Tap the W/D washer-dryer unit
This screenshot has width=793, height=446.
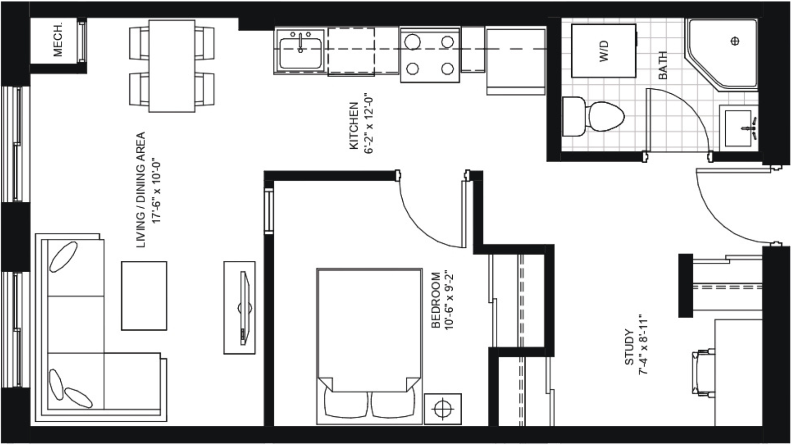tap(603, 51)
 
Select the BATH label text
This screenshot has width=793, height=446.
tap(662, 65)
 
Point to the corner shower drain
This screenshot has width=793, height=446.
tap(735, 41)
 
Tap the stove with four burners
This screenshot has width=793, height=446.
tap(430, 55)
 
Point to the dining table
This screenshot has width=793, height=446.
tap(172, 66)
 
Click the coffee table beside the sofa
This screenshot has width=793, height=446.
tap(144, 296)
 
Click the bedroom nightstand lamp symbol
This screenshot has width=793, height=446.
tap(443, 409)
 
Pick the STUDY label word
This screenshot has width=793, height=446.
tap(629, 347)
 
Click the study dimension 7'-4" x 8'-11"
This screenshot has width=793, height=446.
tap(643, 346)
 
